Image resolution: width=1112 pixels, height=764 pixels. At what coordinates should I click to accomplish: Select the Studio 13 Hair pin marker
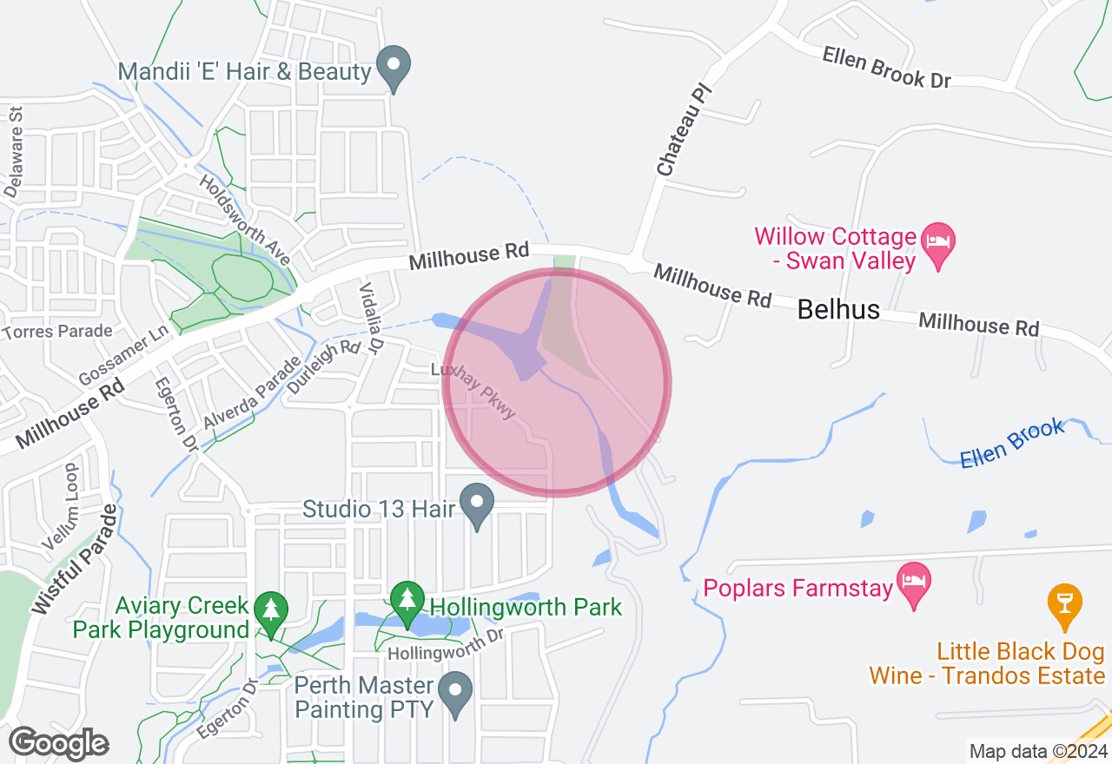[476, 505]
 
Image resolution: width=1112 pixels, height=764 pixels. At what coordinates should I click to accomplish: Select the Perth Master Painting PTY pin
[455, 693]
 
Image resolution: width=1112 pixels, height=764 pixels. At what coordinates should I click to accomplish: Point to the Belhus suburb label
[838, 309]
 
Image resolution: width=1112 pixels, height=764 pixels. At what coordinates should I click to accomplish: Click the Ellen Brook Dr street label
[886, 67]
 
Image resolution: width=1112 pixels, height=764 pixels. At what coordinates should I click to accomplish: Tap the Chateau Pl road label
[678, 130]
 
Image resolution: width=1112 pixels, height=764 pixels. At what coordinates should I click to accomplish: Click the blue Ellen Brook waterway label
[1012, 443]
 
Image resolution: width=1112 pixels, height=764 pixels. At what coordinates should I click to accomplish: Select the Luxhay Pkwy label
[474, 392]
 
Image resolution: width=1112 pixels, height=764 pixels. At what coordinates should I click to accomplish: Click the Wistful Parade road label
[74, 560]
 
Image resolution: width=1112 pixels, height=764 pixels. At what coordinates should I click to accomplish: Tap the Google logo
[58, 743]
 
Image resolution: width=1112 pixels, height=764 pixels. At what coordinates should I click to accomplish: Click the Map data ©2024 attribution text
[1038, 751]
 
